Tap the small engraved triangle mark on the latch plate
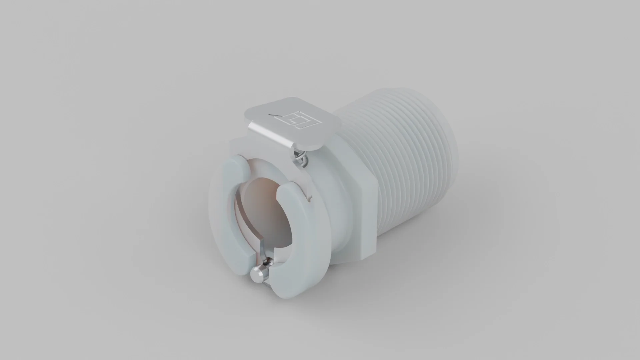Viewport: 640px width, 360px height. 276,115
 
